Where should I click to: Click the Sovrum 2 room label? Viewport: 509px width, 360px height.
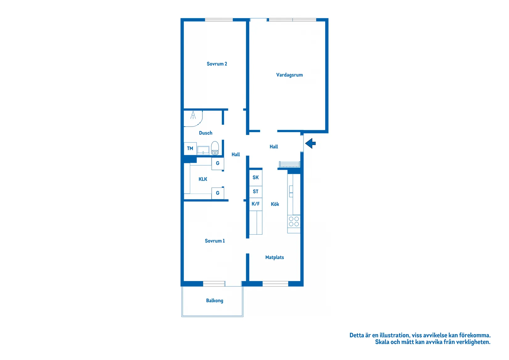(x=217, y=64)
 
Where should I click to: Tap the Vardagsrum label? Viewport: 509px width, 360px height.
(x=289, y=75)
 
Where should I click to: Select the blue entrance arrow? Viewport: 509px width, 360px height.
(x=310, y=143)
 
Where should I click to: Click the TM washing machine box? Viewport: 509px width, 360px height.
(x=190, y=149)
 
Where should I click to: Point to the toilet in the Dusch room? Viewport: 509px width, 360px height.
(x=215, y=148)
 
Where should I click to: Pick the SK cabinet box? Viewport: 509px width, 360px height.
(x=255, y=178)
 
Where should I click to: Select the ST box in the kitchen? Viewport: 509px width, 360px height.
(x=255, y=192)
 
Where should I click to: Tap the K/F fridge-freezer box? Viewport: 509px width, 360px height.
(x=255, y=204)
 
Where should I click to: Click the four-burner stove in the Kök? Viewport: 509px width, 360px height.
(x=294, y=221)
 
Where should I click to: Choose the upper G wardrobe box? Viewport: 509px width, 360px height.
(x=217, y=163)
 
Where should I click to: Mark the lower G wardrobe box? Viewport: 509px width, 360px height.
(x=217, y=193)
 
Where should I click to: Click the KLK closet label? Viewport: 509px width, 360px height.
(x=203, y=179)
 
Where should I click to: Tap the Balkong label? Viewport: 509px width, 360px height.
(x=214, y=301)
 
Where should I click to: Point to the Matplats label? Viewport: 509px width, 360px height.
(x=274, y=257)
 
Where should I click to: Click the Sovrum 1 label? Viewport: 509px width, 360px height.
(x=215, y=241)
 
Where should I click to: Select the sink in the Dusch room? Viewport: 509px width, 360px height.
(x=203, y=150)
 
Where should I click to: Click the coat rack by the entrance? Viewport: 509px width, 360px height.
(x=289, y=164)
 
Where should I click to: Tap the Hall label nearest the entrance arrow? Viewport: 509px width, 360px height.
(x=274, y=147)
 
